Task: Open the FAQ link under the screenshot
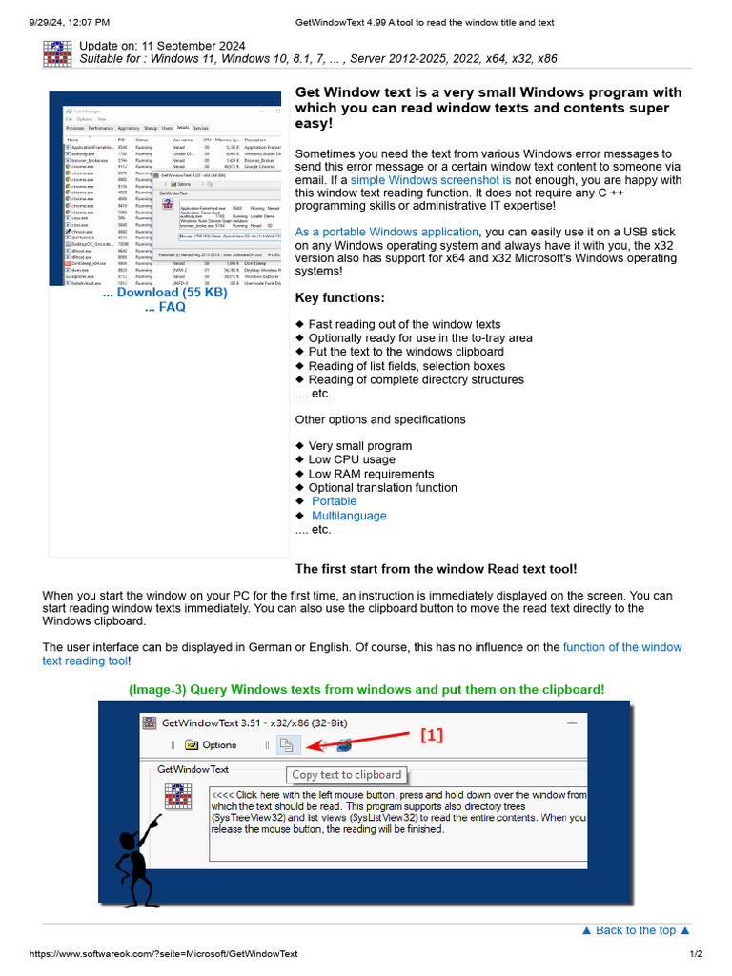(x=165, y=307)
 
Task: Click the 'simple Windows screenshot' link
(x=431, y=180)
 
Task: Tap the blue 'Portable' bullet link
(x=334, y=501)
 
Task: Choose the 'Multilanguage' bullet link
(x=349, y=516)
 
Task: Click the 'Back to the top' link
(x=636, y=930)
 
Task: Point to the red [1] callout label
(x=432, y=736)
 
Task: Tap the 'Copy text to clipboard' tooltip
(x=347, y=775)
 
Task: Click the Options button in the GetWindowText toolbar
(x=211, y=744)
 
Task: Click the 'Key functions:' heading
(x=340, y=298)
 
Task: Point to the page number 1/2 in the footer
(x=696, y=954)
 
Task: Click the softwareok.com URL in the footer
(x=164, y=954)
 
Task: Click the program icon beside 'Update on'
(x=57, y=53)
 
